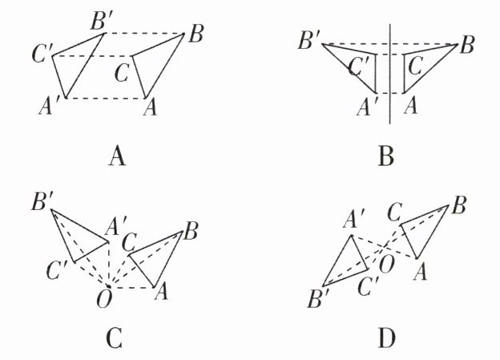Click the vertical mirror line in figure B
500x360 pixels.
(x=389, y=74)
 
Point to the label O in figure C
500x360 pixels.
(x=104, y=299)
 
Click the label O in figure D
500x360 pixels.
(x=387, y=265)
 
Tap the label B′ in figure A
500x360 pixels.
(x=101, y=22)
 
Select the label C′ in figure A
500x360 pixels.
(x=42, y=55)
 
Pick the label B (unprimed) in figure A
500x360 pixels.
(x=196, y=34)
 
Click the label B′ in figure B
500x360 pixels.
(x=308, y=41)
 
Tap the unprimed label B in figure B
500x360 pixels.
(x=467, y=44)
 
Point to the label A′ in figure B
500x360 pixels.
(x=367, y=107)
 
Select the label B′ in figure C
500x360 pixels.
(x=42, y=202)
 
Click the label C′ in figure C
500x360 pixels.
(x=57, y=271)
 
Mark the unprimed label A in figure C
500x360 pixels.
(x=161, y=292)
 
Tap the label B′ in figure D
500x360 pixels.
(x=318, y=299)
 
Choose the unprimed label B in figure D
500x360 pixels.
(x=459, y=205)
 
